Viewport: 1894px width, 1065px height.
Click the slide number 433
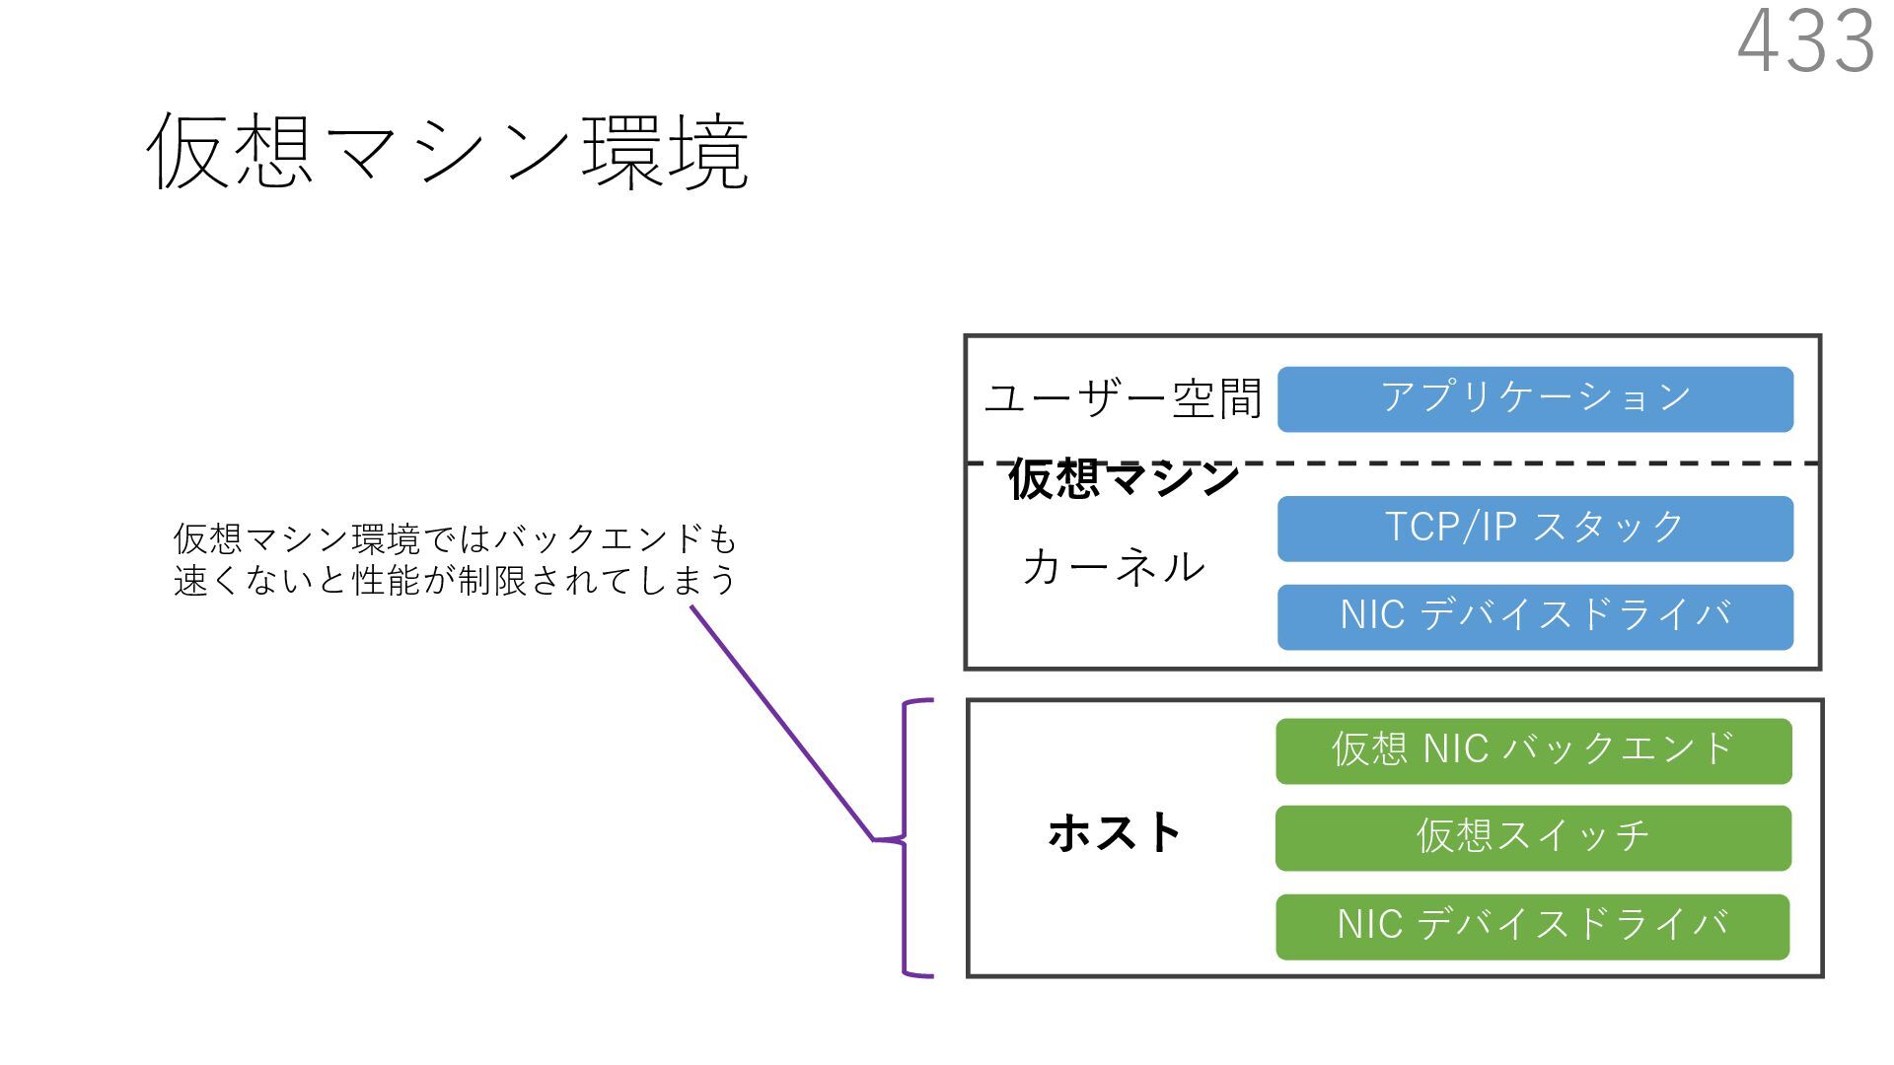pos(1805,41)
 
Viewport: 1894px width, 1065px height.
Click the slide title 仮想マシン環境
pos(447,152)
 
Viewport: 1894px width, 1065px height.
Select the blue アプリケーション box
pos(1534,399)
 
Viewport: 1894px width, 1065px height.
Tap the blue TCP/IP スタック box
pos(1534,529)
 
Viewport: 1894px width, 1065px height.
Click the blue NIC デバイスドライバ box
pos(1534,617)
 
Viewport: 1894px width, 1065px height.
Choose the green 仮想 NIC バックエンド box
pos(1533,751)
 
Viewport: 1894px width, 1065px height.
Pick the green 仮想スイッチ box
pos(1533,838)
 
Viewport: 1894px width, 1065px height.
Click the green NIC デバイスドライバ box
pos(1532,927)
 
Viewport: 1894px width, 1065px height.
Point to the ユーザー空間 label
pos(1123,399)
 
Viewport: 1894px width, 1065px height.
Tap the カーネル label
pos(1114,568)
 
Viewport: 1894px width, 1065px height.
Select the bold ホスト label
pos(1115,833)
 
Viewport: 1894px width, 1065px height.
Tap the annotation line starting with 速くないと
pos(455,581)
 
